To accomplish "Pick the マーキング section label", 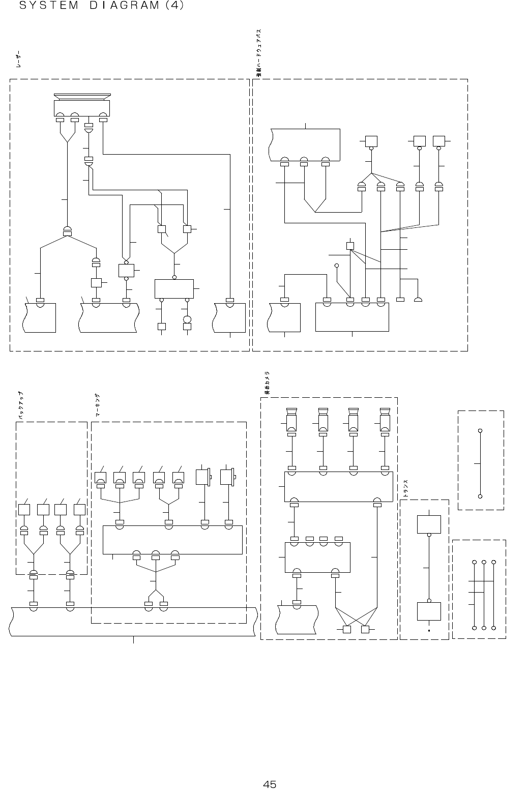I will click(97, 405).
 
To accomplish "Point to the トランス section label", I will click(406, 489).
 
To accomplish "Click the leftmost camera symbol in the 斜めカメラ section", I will click(291, 419).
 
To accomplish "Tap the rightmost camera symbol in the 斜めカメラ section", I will click(385, 419).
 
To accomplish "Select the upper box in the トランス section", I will click(429, 524).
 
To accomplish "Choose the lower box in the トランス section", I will click(429, 611).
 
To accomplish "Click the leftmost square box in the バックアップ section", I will click(24, 509).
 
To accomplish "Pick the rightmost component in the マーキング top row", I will click(227, 477).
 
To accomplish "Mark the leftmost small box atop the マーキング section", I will click(101, 478).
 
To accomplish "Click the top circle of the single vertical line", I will click(480, 431).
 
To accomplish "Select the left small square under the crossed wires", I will click(347, 630).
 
